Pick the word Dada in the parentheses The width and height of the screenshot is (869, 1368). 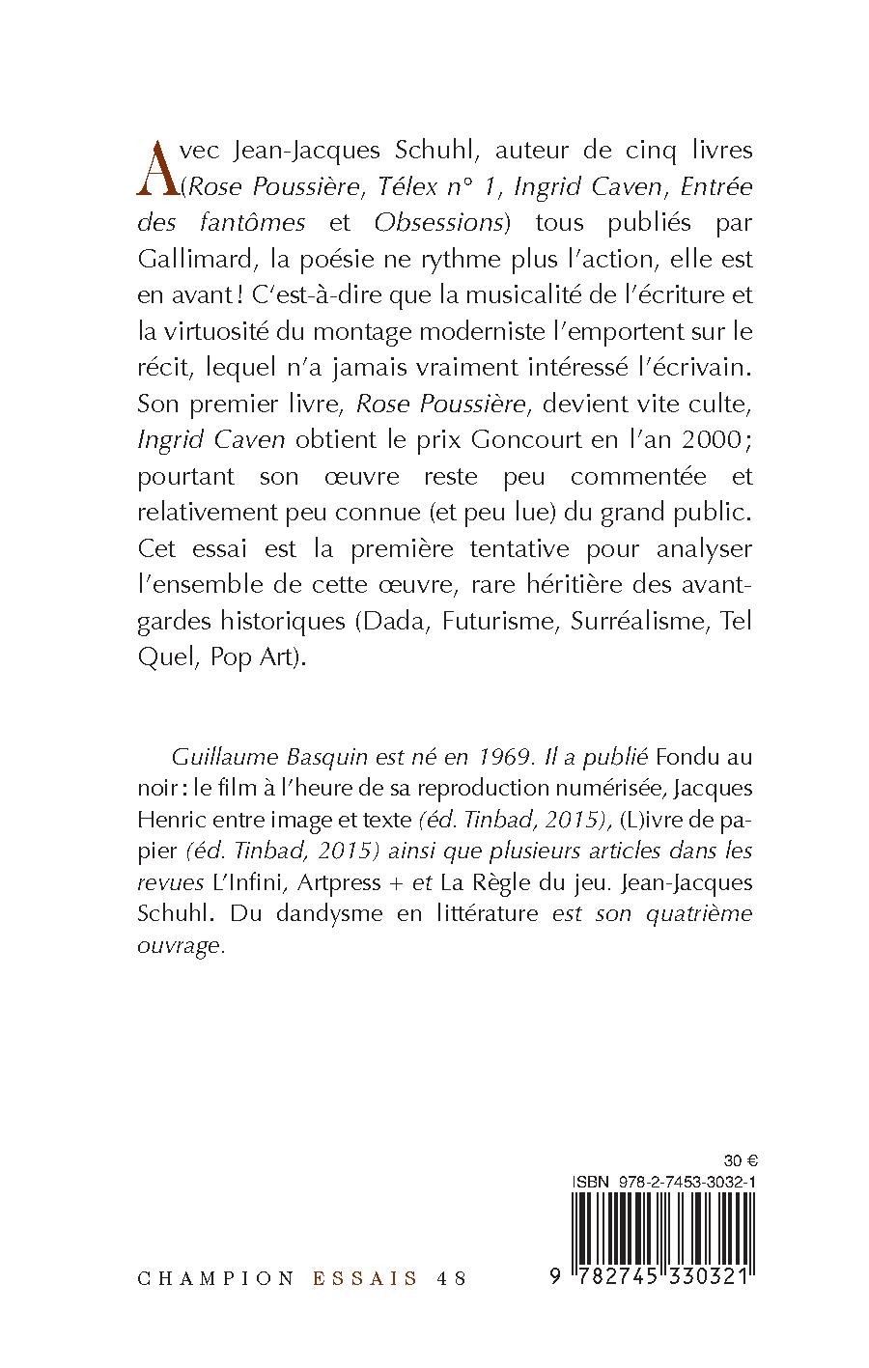[x=394, y=621]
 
